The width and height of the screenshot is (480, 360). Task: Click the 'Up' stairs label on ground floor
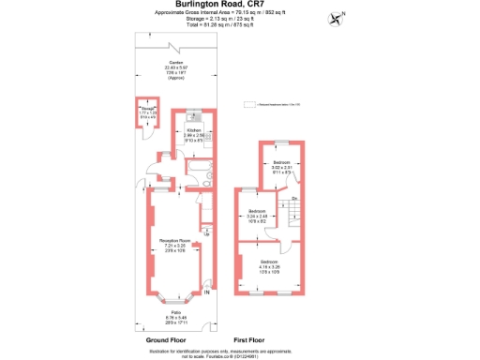pos(205,232)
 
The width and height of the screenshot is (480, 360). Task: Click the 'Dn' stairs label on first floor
pos(293,198)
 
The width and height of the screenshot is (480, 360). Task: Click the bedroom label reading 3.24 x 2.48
pos(258,215)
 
